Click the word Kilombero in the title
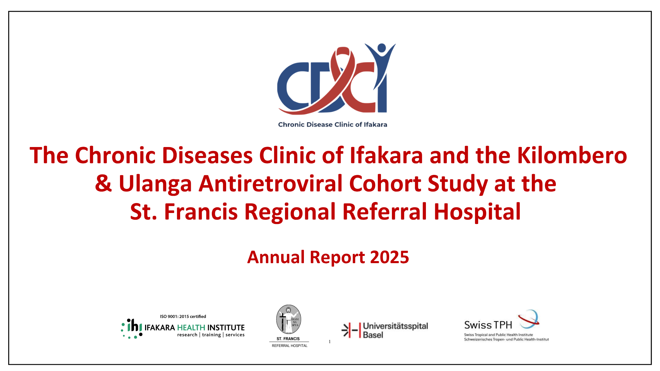(572, 155)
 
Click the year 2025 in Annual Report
(389, 257)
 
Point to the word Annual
(276, 257)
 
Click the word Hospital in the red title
(477, 212)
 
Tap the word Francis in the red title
(201, 212)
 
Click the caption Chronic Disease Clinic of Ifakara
(332, 125)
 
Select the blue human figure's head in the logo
(382, 47)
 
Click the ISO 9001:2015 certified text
(183, 316)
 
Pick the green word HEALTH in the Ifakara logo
(191, 328)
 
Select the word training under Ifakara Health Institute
(211, 335)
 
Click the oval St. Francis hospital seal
(289, 319)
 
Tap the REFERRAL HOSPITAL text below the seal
(289, 346)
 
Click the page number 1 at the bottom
(330, 341)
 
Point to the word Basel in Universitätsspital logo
(373, 335)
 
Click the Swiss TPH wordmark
(488, 325)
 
